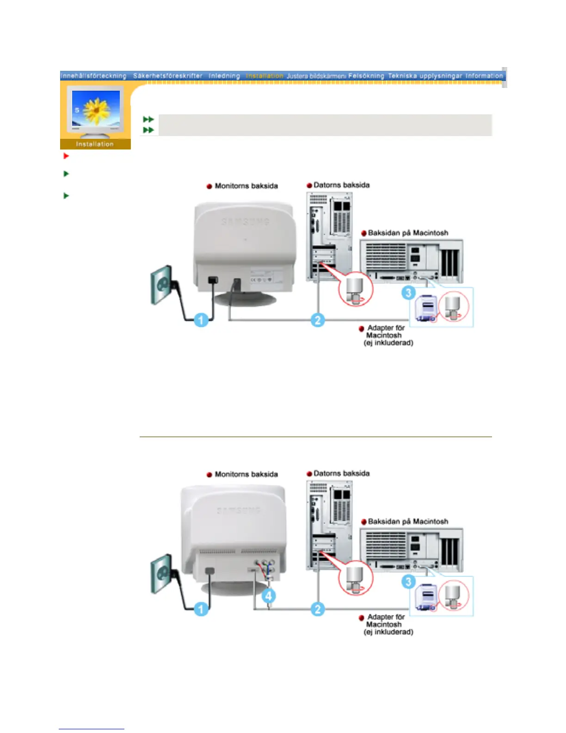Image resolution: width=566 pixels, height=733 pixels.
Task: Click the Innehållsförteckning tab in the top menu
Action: (93, 76)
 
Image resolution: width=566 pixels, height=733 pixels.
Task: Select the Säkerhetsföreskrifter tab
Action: (167, 76)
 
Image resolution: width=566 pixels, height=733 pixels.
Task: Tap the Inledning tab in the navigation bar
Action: (224, 76)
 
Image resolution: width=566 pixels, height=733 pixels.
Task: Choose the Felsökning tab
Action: (366, 76)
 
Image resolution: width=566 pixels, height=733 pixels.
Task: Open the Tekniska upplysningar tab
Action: (425, 76)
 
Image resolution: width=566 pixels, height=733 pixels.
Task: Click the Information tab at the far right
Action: (484, 76)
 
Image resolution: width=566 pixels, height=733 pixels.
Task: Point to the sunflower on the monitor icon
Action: (97, 110)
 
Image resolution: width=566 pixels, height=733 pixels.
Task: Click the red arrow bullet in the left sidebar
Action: (66, 156)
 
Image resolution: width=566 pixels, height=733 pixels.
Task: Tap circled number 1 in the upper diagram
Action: (201, 320)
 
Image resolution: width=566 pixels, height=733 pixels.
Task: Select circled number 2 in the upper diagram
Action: (317, 320)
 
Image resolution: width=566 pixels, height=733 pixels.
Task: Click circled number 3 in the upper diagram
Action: (408, 293)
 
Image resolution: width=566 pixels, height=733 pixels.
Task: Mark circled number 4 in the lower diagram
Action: (269, 596)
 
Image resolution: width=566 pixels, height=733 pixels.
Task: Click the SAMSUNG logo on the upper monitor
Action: (245, 222)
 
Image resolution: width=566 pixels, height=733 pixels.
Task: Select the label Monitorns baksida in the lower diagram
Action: (246, 474)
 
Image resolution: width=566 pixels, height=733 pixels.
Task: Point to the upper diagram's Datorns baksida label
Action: (341, 185)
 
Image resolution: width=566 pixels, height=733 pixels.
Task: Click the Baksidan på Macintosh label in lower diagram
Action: (408, 522)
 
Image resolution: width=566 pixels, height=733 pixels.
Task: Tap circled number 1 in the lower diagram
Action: (201, 609)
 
